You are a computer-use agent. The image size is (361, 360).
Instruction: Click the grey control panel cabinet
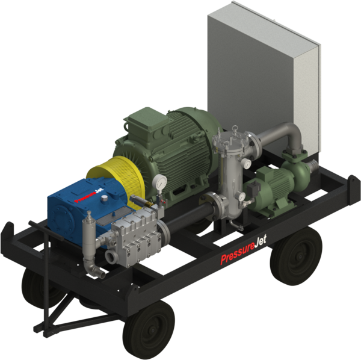tap(259, 72)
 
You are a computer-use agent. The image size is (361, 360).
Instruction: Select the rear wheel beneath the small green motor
tap(295, 253)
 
